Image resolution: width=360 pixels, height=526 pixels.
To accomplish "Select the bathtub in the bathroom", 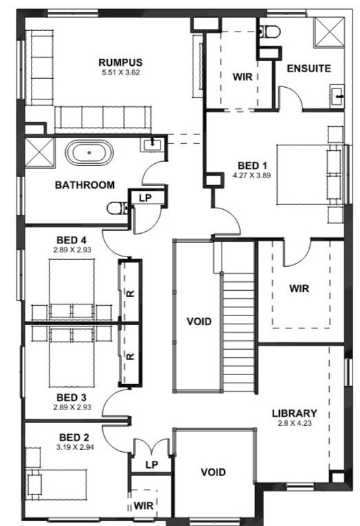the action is pos(89,153).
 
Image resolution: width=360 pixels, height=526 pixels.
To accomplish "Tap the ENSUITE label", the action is pos(309,69).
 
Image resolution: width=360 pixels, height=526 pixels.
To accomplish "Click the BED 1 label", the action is pos(252,165).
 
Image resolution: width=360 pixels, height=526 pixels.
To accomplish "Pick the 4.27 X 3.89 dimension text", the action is pos(252,175).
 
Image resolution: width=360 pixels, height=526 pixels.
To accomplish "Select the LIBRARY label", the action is pos(295,414).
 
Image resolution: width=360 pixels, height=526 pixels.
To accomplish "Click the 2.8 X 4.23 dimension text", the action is pos(295,423).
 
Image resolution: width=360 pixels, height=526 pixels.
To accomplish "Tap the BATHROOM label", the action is pos(85,185).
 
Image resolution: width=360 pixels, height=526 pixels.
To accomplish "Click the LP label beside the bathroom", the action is pos(145,198).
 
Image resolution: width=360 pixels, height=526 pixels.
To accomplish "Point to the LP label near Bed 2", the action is pos(152,464).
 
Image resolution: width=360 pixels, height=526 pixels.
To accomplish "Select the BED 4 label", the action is pos(71,240).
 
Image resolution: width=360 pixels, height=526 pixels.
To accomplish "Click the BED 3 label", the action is pos(71,398).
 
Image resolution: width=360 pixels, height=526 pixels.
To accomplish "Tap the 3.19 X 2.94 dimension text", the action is pos(75,447).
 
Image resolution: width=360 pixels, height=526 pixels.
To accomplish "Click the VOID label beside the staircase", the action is pos(200,322).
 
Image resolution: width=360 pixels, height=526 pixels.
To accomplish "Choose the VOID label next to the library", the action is pos(213,473).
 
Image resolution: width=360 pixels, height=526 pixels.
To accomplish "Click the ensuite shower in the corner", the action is pos(328,32).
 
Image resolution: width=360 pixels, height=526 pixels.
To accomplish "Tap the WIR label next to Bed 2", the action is pos(143,505).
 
